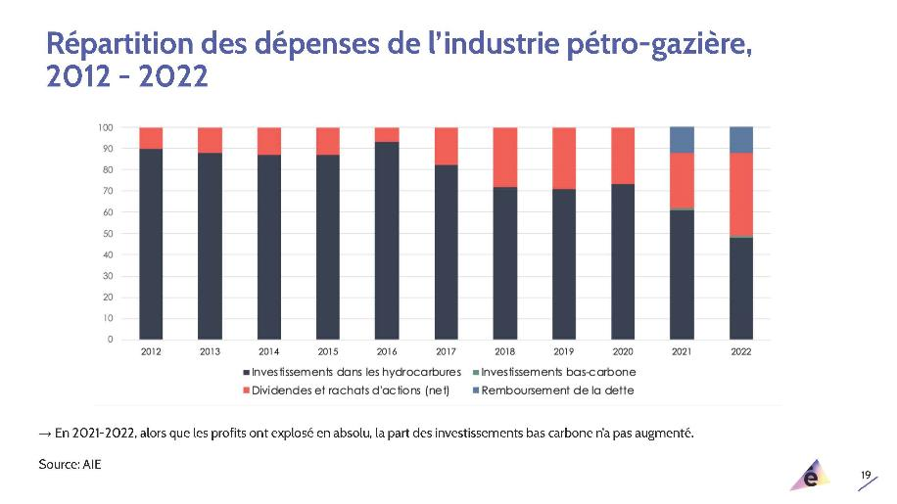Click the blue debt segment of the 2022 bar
tap(741, 140)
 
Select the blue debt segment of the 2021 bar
tap(682, 140)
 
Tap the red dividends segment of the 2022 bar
tap(741, 195)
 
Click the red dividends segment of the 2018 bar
tap(504, 157)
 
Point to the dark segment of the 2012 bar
tap(151, 244)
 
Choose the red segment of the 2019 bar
tap(564, 158)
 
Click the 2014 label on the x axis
tap(269, 351)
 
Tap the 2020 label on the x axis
tap(623, 351)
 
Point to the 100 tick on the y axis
tap(105, 127)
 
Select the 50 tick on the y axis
tap(107, 234)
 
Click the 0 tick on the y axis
tap(110, 340)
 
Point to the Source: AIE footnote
tap(70, 464)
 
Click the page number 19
tap(866, 475)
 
